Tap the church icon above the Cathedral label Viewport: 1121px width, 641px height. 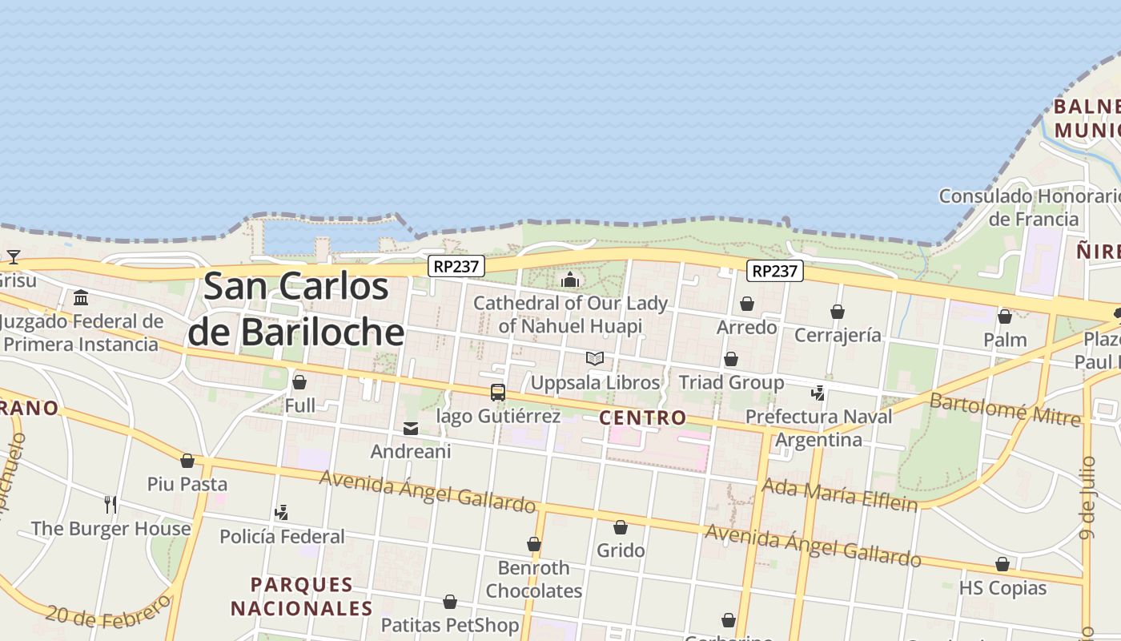(x=570, y=280)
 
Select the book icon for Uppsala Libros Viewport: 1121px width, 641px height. (x=594, y=358)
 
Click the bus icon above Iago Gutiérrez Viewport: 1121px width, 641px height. (x=498, y=393)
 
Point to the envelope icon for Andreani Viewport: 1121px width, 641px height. (x=411, y=429)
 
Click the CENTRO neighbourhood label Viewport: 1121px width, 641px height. (x=642, y=417)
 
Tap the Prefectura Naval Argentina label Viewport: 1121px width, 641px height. (x=818, y=428)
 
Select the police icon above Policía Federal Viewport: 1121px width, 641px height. (x=281, y=512)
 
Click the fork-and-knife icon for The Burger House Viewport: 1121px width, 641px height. (x=110, y=504)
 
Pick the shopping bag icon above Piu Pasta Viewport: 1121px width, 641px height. (x=187, y=461)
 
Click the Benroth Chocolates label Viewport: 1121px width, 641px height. (x=534, y=579)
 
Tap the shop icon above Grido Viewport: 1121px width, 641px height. (x=621, y=527)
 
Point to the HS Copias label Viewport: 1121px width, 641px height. (x=1002, y=587)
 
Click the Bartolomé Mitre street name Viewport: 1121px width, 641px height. (x=1005, y=409)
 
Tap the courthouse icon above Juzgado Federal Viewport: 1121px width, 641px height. (x=81, y=299)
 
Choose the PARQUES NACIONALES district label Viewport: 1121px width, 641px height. (x=302, y=596)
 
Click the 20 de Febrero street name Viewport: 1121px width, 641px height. (x=108, y=612)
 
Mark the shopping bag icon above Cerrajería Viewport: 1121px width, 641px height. (x=838, y=312)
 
